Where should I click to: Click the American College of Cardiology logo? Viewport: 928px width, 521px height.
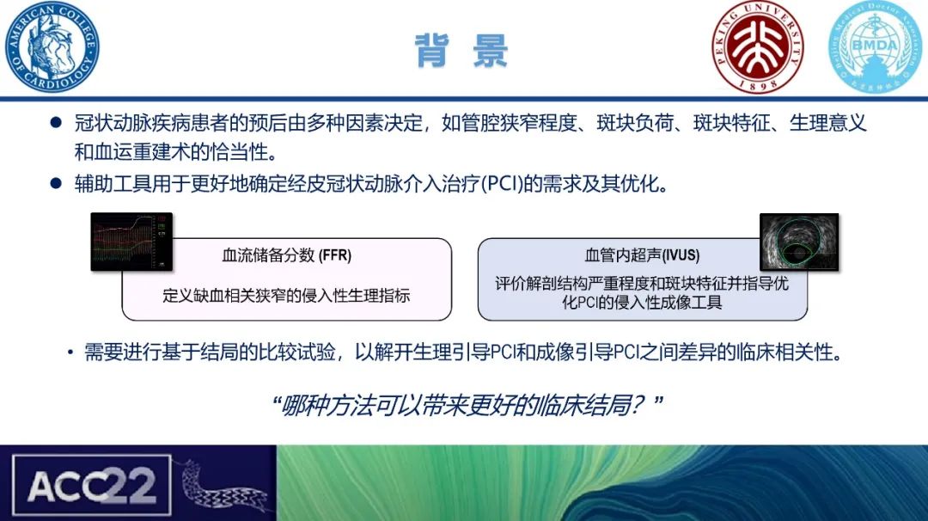52,46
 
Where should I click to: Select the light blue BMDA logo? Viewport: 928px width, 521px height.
872,46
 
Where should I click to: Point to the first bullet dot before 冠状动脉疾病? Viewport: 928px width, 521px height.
56,124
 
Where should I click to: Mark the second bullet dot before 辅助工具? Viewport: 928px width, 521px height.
56,185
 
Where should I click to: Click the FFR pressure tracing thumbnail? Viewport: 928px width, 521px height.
131,243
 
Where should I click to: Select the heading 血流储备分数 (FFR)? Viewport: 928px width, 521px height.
287,255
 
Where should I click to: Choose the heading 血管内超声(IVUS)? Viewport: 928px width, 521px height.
642,255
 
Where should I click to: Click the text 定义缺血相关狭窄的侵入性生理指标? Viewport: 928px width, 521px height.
287,295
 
